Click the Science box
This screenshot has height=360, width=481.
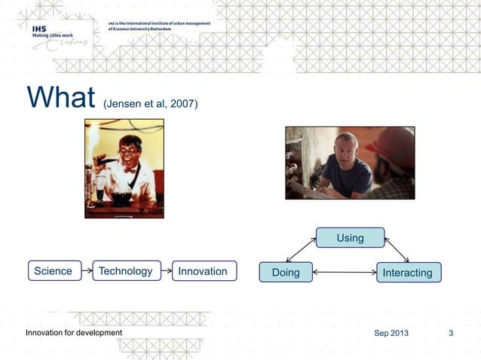pyautogui.click(x=54, y=271)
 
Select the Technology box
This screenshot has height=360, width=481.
pyautogui.click(x=125, y=271)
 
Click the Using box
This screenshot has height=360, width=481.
pyautogui.click(x=350, y=238)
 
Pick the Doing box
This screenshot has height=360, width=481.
pyautogui.click(x=286, y=273)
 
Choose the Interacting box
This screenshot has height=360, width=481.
pyautogui.click(x=408, y=273)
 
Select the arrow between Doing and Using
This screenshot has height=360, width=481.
pyautogui.click(x=302, y=249)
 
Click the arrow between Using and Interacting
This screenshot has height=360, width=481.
pyautogui.click(x=397, y=249)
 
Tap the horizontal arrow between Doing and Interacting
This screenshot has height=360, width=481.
pyautogui.click(x=344, y=273)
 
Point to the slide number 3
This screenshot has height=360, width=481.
pyautogui.click(x=451, y=333)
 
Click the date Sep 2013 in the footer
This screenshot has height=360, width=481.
pyautogui.click(x=391, y=333)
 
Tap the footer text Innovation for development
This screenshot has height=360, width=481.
pyautogui.click(x=74, y=333)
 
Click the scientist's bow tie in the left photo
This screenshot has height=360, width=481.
pyautogui.click(x=130, y=169)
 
